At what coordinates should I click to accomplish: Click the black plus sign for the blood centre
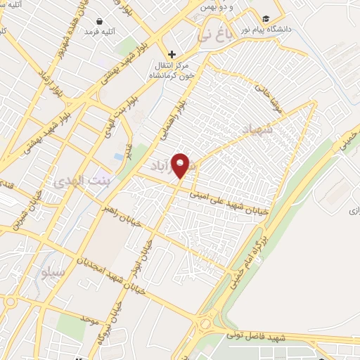tap(171, 54)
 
